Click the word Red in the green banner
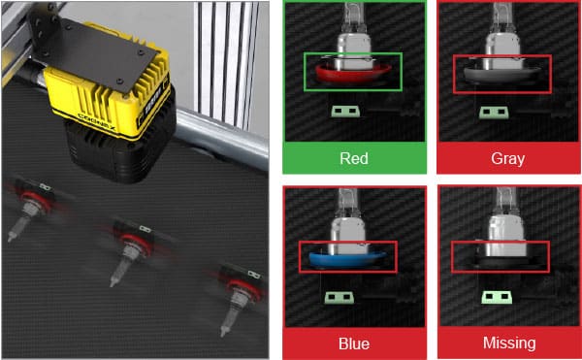(x=354, y=158)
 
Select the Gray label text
(x=507, y=159)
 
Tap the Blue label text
(x=354, y=344)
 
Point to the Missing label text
(x=509, y=343)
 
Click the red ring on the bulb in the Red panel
(x=353, y=74)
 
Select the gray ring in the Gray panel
(x=501, y=75)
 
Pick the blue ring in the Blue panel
(x=347, y=259)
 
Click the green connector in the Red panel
(x=345, y=111)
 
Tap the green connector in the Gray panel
(x=494, y=113)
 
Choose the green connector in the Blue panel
(x=339, y=298)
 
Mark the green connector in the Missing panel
(x=497, y=297)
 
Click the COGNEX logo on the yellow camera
(x=97, y=121)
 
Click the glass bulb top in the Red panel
(x=350, y=17)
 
